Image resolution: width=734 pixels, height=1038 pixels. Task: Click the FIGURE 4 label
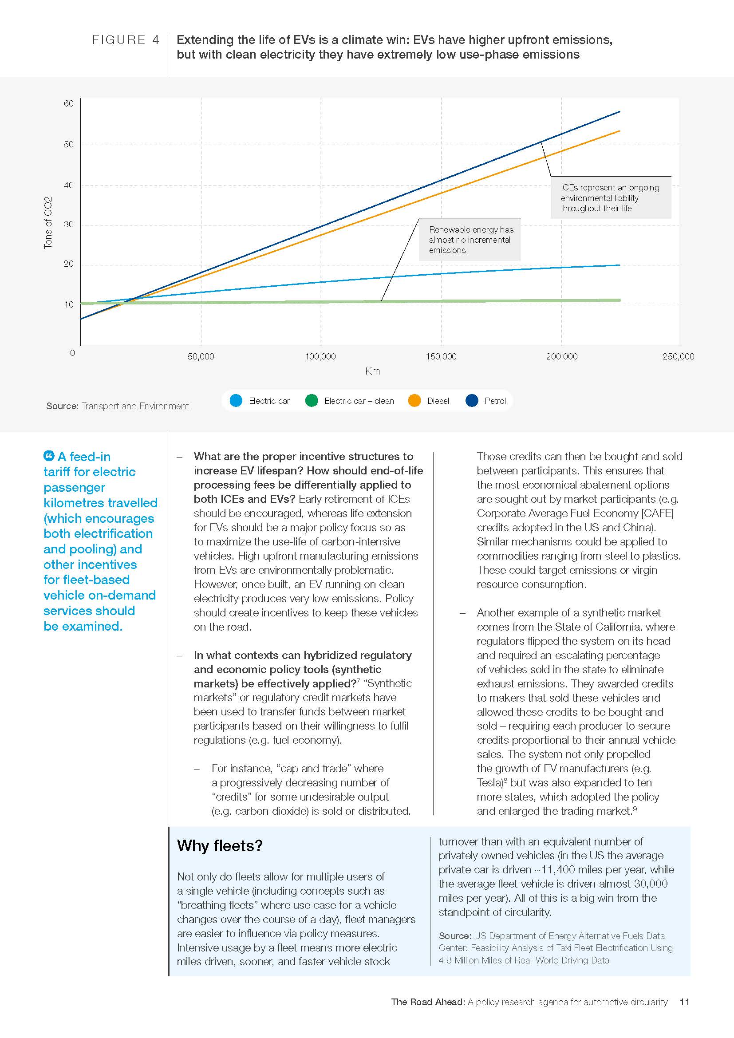pos(126,40)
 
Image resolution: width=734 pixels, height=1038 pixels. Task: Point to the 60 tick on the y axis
pos(68,103)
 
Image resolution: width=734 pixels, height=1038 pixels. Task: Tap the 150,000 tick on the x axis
pos(441,356)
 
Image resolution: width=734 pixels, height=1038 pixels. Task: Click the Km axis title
pos(372,371)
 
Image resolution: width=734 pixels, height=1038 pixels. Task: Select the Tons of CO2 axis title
pos(48,222)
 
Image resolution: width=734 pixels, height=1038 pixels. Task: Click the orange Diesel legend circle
pos(414,401)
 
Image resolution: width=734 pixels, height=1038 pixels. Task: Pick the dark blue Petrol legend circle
pos(471,401)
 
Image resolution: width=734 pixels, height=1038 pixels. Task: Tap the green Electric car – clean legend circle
pos(312,401)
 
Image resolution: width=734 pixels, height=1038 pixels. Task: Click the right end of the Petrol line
pos(619,111)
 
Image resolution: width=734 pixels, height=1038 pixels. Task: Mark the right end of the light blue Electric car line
pos(619,265)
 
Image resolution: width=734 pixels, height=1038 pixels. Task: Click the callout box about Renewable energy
pos(470,240)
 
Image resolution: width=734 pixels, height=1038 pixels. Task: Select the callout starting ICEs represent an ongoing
pos(610,197)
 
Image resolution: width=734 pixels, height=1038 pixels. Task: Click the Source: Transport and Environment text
pos(117,406)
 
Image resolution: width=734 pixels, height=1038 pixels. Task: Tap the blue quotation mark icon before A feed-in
pos(49,456)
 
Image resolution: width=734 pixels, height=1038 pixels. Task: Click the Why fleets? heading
pos(219,845)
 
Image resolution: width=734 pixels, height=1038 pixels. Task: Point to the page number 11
pos(684,1002)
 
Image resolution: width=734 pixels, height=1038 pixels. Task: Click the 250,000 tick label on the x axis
pos(678,356)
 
